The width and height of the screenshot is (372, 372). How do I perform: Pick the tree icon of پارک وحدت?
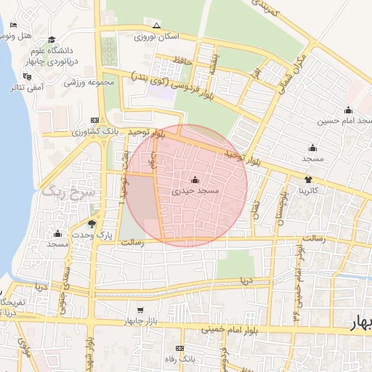(x=92, y=224)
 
